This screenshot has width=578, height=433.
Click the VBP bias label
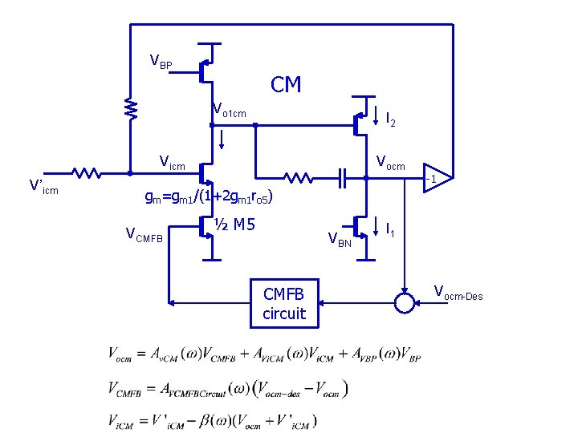point(161,61)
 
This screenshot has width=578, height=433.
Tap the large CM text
point(286,85)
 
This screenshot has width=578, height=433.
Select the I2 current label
point(390,120)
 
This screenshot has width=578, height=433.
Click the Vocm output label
point(391,165)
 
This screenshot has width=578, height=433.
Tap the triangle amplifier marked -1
point(436,178)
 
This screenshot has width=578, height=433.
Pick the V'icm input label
point(43,187)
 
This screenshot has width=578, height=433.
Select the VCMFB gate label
point(144,234)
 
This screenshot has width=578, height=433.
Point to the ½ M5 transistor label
point(234,225)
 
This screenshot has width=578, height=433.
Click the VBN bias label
point(339,238)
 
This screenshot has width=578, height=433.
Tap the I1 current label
point(390,231)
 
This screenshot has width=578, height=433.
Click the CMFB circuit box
point(284,303)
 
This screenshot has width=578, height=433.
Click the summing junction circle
point(404,303)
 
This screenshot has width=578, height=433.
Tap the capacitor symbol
point(342,178)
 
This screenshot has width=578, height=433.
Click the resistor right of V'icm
point(86,172)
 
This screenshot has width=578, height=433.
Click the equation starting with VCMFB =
point(228,389)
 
